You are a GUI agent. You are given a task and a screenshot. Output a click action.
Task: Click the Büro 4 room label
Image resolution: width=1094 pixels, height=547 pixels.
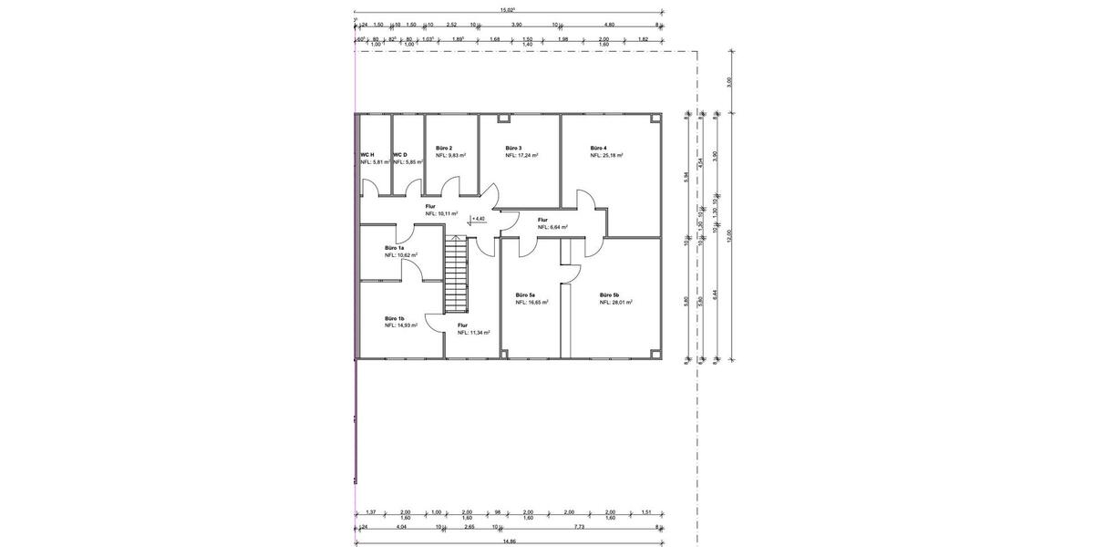click(x=598, y=148)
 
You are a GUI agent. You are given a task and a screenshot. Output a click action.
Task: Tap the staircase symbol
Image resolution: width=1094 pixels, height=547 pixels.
click(x=455, y=274)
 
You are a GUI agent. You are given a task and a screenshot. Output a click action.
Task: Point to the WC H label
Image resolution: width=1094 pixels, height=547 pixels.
click(x=366, y=155)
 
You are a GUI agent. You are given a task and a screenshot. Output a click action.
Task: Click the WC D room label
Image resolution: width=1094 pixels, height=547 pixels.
click(x=400, y=155)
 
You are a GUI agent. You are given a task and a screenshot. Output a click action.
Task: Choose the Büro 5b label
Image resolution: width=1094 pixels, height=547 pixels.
click(x=609, y=294)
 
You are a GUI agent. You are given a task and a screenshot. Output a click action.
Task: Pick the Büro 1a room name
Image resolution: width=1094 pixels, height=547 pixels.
click(x=395, y=248)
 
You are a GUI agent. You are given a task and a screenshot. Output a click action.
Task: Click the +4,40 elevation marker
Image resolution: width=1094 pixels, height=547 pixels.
click(x=476, y=219)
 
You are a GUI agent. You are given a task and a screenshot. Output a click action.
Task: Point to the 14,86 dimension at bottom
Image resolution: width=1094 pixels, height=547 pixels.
click(x=509, y=541)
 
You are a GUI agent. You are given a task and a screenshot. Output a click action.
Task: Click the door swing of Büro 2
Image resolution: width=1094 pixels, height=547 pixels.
click(x=449, y=187)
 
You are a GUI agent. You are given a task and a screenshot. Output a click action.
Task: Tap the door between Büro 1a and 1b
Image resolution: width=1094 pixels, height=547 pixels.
click(x=411, y=273)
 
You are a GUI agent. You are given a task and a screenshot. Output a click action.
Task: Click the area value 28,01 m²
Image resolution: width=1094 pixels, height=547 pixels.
click(x=616, y=302)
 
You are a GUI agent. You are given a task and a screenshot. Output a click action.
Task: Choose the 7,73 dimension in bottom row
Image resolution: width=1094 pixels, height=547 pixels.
click(x=578, y=526)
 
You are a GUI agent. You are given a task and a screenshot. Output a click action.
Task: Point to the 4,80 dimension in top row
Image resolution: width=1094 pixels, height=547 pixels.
click(x=610, y=25)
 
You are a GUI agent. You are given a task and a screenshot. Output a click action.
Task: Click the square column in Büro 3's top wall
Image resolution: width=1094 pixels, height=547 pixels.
click(x=501, y=119)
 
